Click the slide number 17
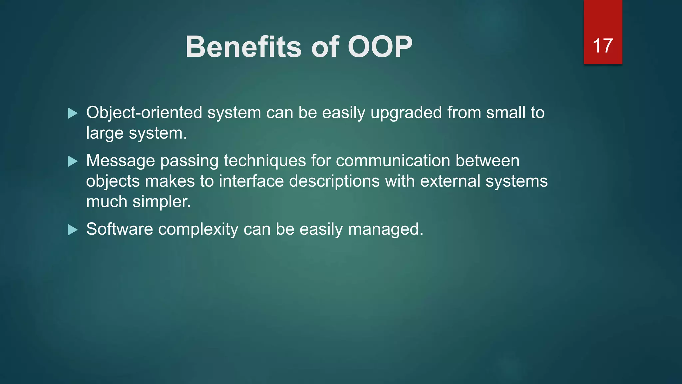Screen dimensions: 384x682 coord(602,46)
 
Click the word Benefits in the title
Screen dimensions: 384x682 coord(243,47)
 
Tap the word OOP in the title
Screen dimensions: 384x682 coord(380,47)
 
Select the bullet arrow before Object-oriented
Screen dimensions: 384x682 coord(72,113)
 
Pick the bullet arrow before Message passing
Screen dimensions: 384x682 coord(72,161)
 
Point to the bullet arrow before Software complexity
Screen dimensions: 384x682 coord(72,230)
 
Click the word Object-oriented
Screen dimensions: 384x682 coord(144,113)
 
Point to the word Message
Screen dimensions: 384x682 coord(120,161)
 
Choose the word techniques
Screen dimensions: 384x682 coord(265,161)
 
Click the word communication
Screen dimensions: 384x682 coord(393,161)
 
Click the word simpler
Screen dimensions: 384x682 coord(162,202)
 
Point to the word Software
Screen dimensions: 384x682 coord(120,229)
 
